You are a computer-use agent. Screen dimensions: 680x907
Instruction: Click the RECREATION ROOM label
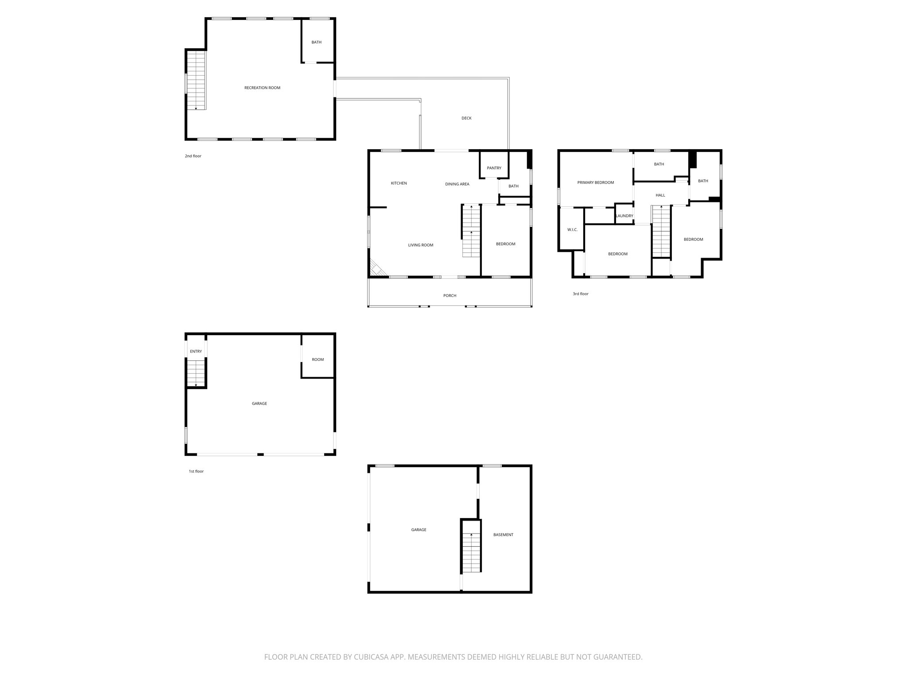tap(262, 88)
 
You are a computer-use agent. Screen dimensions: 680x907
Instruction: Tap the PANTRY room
tap(494, 168)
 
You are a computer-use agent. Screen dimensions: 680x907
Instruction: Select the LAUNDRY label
tap(624, 216)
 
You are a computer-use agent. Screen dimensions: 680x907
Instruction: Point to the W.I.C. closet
tap(572, 230)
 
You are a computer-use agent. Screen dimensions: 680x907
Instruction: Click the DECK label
tap(466, 118)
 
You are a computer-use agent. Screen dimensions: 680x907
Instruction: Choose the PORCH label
tap(450, 296)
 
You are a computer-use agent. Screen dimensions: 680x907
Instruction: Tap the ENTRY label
tap(196, 352)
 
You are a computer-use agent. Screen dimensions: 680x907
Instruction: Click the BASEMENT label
tap(503, 535)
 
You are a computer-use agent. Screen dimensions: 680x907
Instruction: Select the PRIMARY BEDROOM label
tap(595, 182)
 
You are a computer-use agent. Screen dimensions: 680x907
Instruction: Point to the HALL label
tap(660, 195)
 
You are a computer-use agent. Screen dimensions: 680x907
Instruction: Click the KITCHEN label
tap(399, 183)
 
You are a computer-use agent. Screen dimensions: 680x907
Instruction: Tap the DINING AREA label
tap(457, 184)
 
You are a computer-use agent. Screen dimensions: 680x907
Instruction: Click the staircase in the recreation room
tap(196, 80)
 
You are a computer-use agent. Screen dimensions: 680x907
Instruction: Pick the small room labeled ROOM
tap(318, 359)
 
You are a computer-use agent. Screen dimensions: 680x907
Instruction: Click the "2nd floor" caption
tap(193, 156)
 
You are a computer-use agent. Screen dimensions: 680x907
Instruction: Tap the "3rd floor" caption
tap(580, 294)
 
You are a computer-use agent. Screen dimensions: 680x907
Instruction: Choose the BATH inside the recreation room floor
tap(316, 42)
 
